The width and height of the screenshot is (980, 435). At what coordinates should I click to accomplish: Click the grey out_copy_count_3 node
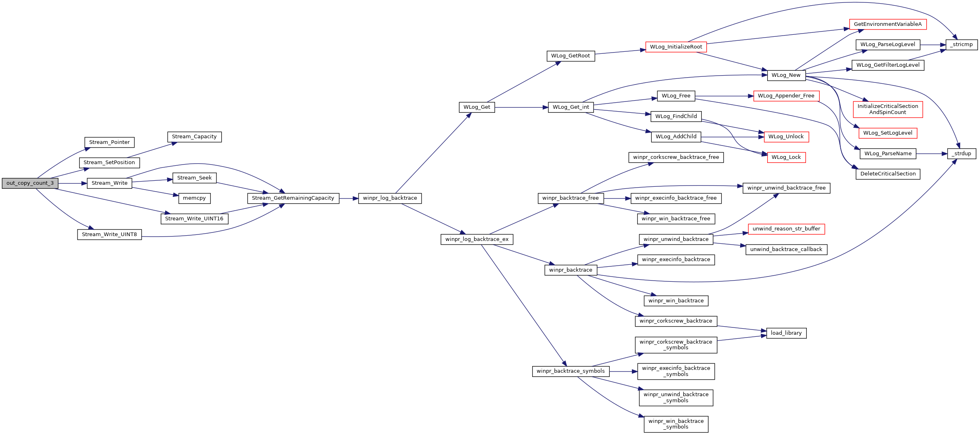point(30,183)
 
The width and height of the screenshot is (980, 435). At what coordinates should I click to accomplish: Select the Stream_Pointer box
point(109,142)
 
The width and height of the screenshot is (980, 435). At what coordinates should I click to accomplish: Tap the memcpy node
point(194,198)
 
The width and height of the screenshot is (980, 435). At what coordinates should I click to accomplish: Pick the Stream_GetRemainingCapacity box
point(293,198)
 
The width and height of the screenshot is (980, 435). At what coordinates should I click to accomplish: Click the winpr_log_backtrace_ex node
point(477,239)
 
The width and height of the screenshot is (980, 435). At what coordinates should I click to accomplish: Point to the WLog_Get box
point(476,107)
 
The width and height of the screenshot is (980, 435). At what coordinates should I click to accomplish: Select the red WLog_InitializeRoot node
point(676,47)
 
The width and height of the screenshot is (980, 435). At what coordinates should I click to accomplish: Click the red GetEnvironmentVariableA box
point(888,24)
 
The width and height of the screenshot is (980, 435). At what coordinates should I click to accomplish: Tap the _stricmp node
point(961,44)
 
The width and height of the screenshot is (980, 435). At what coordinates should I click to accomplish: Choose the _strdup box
point(961,154)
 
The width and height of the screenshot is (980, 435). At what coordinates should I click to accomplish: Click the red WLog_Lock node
point(786,157)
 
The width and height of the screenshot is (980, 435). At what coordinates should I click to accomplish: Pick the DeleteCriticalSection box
point(888,174)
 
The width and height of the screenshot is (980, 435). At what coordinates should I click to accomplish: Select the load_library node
point(786,333)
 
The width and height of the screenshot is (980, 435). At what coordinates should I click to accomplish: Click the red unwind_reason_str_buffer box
point(786,229)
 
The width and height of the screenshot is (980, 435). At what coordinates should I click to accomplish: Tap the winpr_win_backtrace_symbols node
point(676,424)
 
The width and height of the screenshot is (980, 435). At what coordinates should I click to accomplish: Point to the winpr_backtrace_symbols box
point(571,371)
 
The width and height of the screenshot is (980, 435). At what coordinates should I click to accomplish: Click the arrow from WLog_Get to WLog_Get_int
point(521,107)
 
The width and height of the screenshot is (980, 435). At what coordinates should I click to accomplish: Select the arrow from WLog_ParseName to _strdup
point(932,154)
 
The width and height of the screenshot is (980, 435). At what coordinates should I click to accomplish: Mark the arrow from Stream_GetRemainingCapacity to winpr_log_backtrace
point(348,198)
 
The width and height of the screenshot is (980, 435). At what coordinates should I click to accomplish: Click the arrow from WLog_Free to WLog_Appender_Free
point(724,96)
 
